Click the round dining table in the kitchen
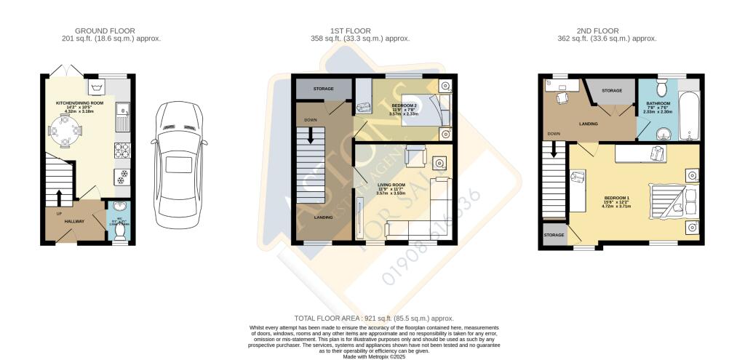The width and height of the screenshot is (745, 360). coord(66,132)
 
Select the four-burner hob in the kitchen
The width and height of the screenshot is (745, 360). coord(121,151)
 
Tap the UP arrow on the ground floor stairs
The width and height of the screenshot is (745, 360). coord(60,197)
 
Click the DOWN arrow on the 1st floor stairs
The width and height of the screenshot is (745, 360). coord(311,136)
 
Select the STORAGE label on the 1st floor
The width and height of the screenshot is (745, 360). coord(323,89)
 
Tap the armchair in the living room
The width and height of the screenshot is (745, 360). coord(415,156)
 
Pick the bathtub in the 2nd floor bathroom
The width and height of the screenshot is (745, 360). coord(688,116)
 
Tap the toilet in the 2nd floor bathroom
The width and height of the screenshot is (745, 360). coord(661,89)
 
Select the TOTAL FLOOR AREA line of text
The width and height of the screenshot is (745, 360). coord(373,319)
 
